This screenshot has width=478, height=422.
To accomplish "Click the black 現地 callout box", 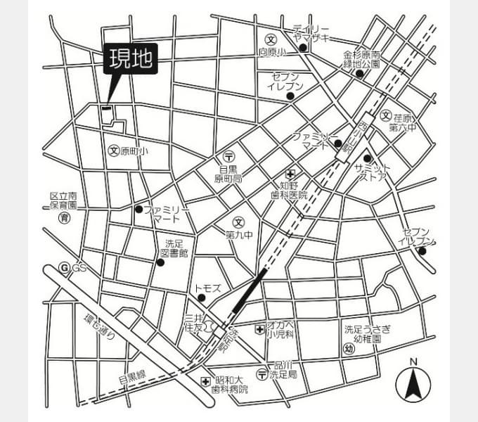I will pyautogui.click(x=130, y=60).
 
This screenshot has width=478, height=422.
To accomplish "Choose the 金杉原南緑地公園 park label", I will pyautogui.click(x=361, y=59).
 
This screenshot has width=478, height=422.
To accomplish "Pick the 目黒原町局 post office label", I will pyautogui.click(x=228, y=174).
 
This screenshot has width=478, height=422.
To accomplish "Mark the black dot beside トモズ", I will pyautogui.click(x=202, y=298).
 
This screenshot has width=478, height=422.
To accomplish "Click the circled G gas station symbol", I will pyautogui.click(x=65, y=267).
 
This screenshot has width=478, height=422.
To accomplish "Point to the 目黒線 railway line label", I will pyautogui.click(x=131, y=378).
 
